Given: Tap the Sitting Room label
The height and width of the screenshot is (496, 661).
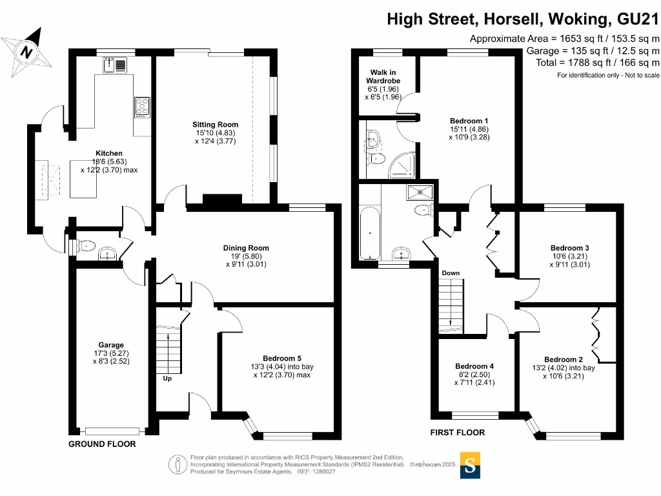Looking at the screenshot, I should [x=215, y=125].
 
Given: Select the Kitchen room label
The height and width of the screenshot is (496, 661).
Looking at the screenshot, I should [x=109, y=153].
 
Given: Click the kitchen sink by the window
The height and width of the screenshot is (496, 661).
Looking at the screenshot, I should [x=116, y=65].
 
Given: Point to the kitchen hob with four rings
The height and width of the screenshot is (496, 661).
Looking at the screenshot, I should [x=141, y=107].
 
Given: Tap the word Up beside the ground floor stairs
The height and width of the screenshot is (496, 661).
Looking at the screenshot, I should [x=167, y=378].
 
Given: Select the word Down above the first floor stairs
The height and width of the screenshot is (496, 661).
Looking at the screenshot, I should [x=451, y=273].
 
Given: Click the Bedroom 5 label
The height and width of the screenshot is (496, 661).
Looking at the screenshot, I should [x=282, y=358].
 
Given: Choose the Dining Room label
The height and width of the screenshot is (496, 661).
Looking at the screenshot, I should [x=246, y=248].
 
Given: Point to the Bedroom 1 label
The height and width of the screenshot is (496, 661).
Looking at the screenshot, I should [x=469, y=121].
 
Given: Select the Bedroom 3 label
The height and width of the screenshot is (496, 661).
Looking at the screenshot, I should [x=569, y=248].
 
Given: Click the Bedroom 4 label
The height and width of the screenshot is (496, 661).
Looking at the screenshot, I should [x=474, y=366].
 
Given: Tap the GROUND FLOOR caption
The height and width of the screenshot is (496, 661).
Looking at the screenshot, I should [x=102, y=444].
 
